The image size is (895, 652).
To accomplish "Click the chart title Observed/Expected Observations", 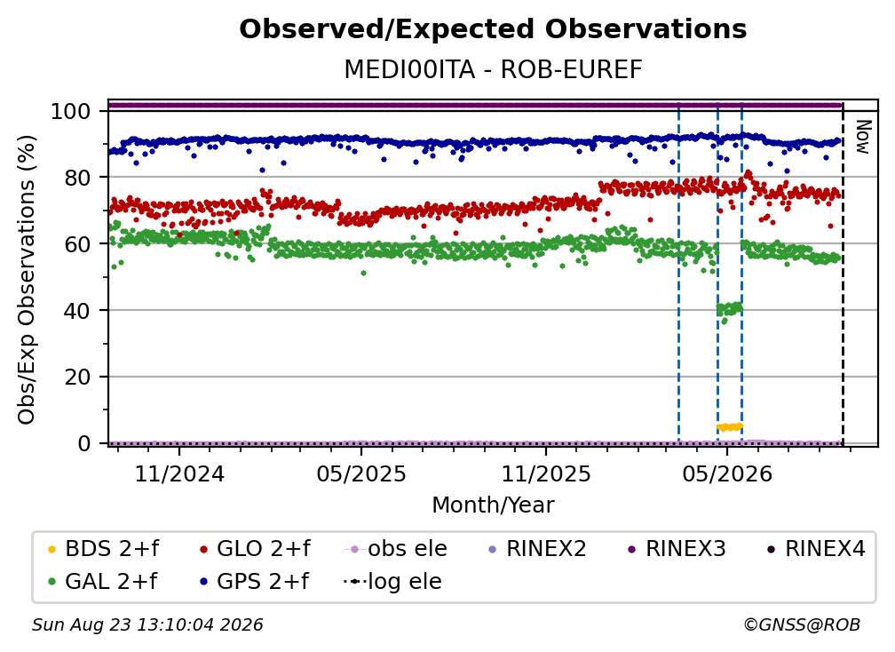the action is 493,29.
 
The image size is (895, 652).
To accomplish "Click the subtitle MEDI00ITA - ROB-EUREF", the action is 493,69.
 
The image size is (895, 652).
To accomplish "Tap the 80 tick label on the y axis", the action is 77,177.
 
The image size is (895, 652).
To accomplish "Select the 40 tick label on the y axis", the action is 77,311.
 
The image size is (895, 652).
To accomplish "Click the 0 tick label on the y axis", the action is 84,443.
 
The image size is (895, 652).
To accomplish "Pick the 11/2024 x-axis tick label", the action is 179,473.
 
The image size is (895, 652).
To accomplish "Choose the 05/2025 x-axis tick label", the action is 361,473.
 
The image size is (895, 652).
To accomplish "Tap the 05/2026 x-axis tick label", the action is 727,473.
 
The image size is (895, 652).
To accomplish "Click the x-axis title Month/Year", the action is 493,505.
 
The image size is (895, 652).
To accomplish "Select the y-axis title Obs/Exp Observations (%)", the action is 27,280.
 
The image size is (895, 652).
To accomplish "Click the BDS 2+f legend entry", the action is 103,549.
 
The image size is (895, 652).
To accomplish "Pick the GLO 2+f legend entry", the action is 255,549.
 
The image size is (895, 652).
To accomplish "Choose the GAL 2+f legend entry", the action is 102,581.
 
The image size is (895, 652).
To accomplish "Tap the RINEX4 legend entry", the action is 816,549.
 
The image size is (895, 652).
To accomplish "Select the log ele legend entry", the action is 392,581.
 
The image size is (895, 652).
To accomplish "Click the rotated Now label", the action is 863,137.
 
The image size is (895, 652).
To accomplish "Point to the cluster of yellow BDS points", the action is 730,427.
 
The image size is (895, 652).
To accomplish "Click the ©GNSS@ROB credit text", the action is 802,624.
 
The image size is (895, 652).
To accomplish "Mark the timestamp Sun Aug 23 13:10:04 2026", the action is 147,624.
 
